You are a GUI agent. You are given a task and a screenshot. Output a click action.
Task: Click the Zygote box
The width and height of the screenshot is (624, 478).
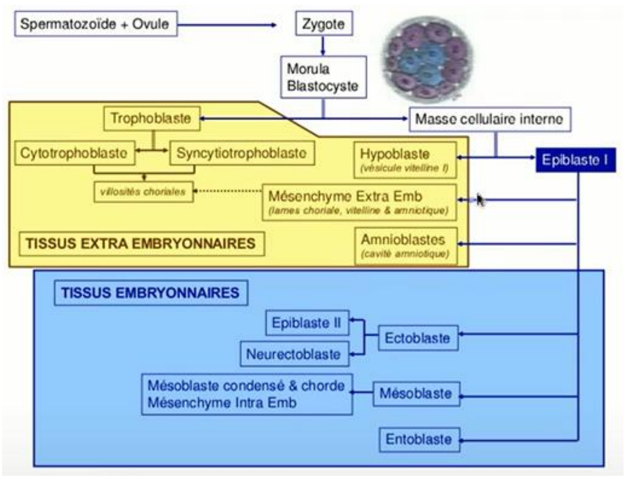319,24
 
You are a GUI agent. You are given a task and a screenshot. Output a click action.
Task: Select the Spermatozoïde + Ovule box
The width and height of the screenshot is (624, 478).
96,25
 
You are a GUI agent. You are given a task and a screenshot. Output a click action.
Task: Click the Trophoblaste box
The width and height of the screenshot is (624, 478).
150,118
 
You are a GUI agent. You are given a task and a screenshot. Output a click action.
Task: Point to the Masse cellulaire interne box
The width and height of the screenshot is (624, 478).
488,119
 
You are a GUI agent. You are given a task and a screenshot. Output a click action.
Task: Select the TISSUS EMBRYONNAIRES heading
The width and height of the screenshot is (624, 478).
150,293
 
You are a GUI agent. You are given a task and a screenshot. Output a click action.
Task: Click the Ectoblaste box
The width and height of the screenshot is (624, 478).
418,338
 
